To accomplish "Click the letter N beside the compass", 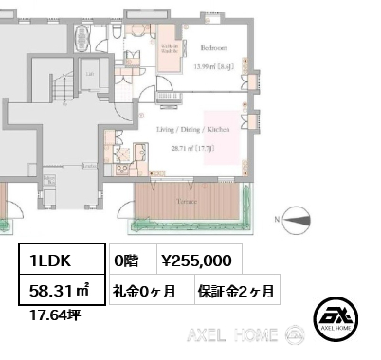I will point(278,221).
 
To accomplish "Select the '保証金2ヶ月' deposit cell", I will point(236,290).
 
